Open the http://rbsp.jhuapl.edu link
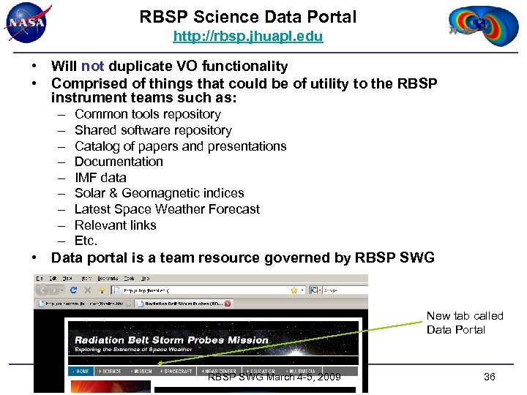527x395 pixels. [x=247, y=36]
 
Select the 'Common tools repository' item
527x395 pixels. [x=147, y=114]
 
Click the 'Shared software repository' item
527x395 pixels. [x=153, y=130]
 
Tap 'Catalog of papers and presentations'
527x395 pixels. [x=180, y=146]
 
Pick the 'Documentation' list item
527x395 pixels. [x=119, y=162]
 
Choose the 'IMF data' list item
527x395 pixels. [x=100, y=178]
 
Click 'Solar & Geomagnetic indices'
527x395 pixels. [x=159, y=193]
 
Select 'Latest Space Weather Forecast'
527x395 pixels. [x=167, y=209]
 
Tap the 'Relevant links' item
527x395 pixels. [x=115, y=225]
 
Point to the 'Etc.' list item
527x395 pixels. [x=86, y=241]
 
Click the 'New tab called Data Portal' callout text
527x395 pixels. [x=464, y=323]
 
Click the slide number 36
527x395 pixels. [x=490, y=377]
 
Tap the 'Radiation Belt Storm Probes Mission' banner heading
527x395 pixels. [x=172, y=339]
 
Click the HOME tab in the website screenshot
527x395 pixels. [x=81, y=371]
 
